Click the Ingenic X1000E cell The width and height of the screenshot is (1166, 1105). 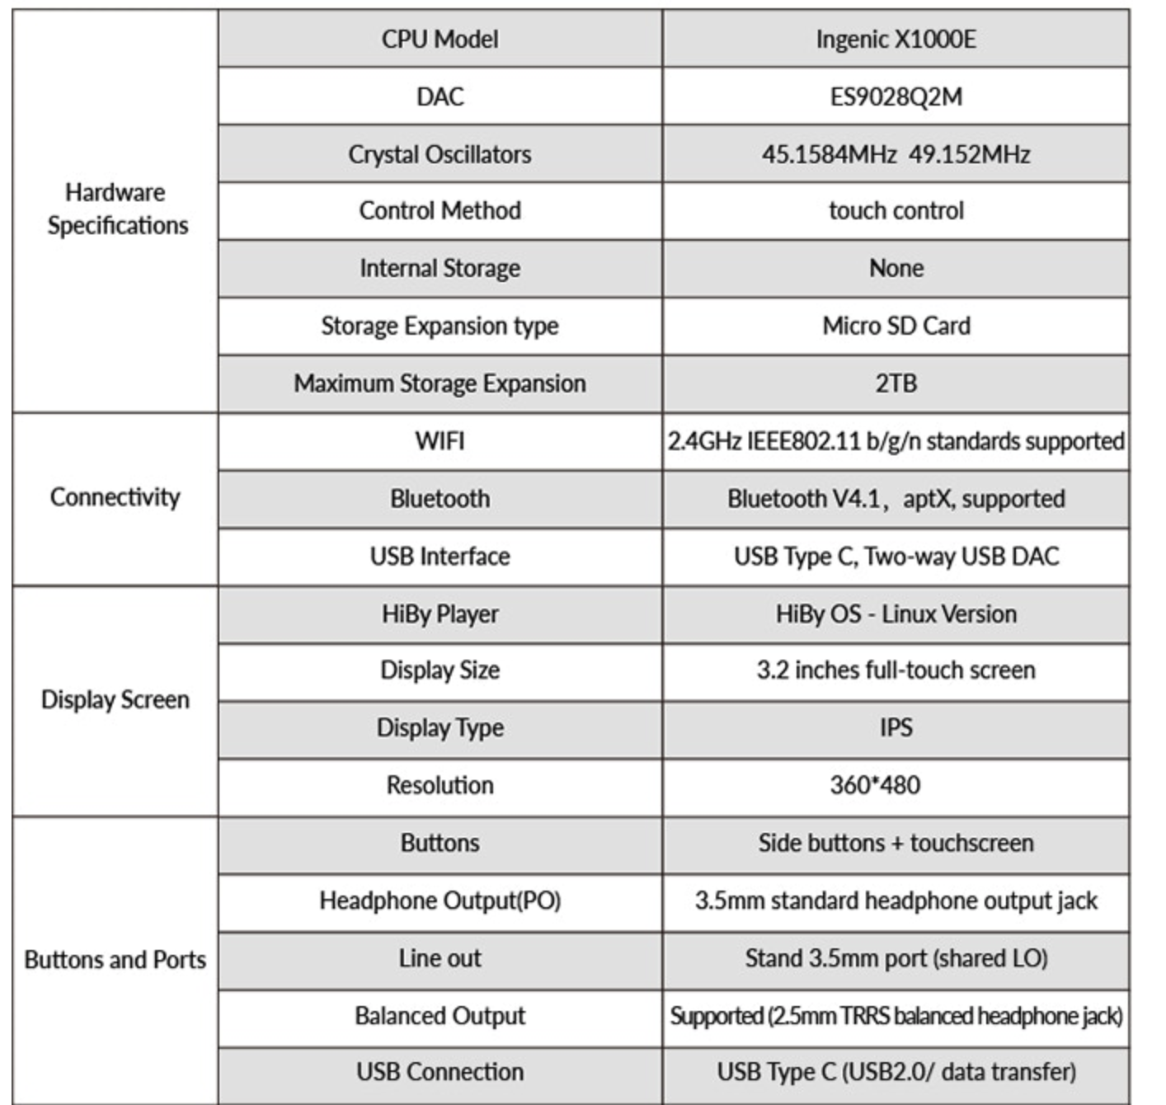point(896,39)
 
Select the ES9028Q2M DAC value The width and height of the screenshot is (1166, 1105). point(896,96)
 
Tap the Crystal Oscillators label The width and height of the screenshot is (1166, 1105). point(440,154)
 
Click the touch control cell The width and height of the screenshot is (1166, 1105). point(896,211)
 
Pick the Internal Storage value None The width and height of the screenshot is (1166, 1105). point(896,268)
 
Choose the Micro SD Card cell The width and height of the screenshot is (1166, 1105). point(896,326)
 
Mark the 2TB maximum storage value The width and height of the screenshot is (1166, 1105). point(896,383)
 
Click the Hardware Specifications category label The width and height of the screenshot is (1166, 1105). point(116,209)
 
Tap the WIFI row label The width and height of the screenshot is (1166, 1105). point(440,441)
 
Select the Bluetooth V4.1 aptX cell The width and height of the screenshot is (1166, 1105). point(896,499)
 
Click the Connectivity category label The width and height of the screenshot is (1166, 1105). point(115,497)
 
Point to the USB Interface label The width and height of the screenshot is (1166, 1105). point(440,557)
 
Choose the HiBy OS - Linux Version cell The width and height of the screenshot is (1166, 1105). point(896,614)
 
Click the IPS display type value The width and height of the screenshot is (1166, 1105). point(896,728)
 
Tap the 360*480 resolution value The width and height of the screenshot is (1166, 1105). point(875,785)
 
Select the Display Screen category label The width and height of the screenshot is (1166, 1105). point(115,700)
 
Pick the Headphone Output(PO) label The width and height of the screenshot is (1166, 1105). point(440,900)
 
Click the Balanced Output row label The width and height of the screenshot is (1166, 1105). point(440,1016)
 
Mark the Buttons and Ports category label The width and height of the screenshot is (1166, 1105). point(115,960)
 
